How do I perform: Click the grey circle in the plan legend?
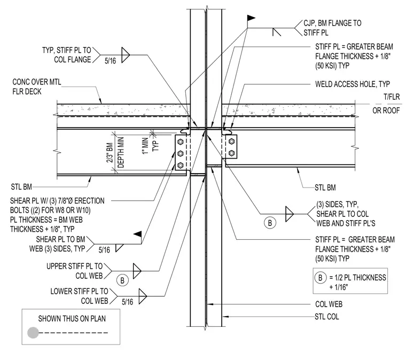[33, 333]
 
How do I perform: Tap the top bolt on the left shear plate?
[181, 142]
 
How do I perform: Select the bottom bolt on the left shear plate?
[181, 165]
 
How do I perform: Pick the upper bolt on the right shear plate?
[232, 142]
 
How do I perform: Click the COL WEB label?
[329, 304]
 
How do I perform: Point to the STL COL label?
[327, 317]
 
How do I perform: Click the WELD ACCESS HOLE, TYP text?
[353, 84]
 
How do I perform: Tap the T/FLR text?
[392, 97]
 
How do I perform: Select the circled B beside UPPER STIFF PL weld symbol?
[122, 280]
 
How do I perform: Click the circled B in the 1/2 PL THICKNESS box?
[321, 278]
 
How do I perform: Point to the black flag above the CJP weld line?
[251, 18]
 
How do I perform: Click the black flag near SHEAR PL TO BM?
[137, 234]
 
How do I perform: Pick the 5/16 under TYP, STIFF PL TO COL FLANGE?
[110, 61]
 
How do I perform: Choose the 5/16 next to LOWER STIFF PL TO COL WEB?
[127, 302]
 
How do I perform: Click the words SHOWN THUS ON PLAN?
[72, 318]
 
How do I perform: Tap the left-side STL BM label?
[21, 187]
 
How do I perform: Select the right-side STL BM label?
[325, 187]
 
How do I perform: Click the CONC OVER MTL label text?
[37, 82]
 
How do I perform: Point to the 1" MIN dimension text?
[145, 146]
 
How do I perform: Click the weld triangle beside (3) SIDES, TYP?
[290, 214]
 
